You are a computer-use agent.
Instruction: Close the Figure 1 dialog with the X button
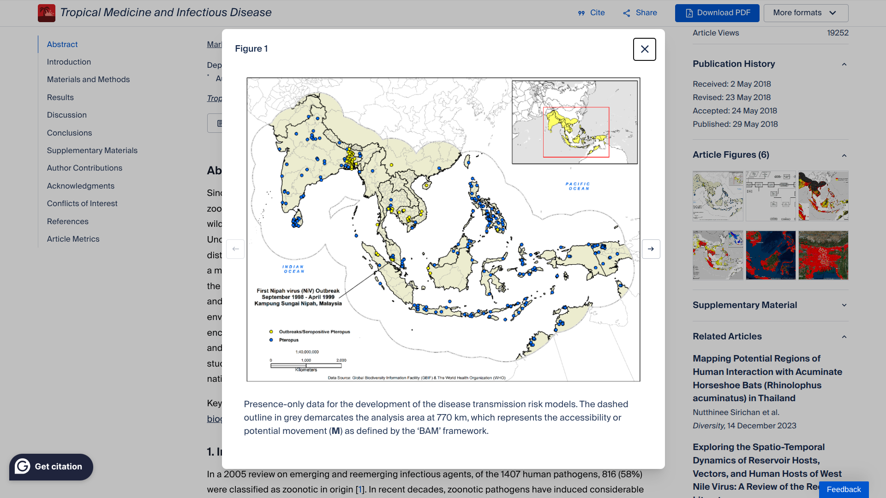644,49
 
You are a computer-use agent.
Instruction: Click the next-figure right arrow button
651,249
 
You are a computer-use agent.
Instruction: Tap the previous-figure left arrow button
235,249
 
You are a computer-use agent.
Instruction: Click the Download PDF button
717,13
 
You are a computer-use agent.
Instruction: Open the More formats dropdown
805,13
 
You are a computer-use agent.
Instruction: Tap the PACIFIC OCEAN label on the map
578,186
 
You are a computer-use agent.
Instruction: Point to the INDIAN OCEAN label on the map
293,269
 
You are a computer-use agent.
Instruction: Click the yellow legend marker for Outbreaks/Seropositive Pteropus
271,332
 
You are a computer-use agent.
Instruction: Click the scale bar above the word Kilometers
306,366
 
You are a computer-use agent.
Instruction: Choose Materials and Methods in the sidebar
88,79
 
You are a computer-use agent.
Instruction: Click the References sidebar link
67,221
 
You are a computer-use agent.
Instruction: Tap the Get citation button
51,467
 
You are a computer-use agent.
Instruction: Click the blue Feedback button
843,489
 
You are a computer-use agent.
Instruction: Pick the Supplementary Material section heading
744,305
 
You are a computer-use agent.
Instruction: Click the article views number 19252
838,33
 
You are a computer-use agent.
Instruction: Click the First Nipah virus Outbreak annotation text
298,297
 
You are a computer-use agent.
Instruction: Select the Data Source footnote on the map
416,378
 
